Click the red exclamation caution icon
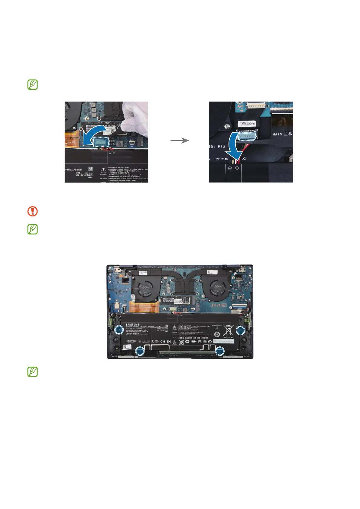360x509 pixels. pos(33,211)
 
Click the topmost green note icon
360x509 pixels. pos(33,85)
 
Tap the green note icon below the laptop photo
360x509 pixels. pos(33,372)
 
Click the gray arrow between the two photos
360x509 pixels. pos(180,141)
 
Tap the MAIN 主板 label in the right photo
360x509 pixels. pos(282,134)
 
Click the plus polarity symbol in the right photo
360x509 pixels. pos(237,168)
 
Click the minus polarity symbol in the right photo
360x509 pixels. pos(230,168)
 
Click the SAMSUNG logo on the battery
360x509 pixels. pos(132,325)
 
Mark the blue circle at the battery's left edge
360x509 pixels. pos(119,330)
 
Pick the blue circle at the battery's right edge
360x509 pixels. pos(241,331)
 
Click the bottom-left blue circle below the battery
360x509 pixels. pos(140,351)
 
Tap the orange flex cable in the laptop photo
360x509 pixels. pos(144,307)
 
